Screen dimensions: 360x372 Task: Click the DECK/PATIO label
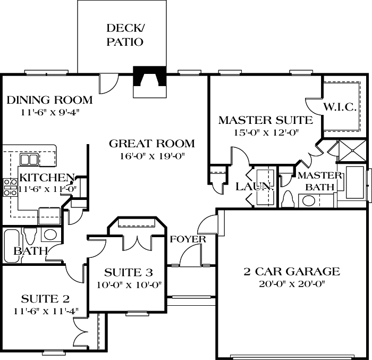(125, 35)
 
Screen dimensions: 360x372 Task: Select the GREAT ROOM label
(151, 144)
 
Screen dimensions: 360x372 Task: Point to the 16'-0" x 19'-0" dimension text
(151, 156)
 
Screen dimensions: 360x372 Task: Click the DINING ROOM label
(49, 100)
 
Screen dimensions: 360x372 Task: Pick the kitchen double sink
(29, 160)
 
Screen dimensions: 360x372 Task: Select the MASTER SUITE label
(265, 120)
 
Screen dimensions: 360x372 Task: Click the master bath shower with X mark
(351, 150)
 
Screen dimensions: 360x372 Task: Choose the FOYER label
(188, 239)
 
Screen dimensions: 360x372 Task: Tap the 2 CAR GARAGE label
(291, 272)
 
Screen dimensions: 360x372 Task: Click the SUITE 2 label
(45, 298)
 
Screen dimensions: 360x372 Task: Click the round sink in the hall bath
(51, 235)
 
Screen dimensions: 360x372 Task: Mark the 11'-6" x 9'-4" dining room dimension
(49, 112)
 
